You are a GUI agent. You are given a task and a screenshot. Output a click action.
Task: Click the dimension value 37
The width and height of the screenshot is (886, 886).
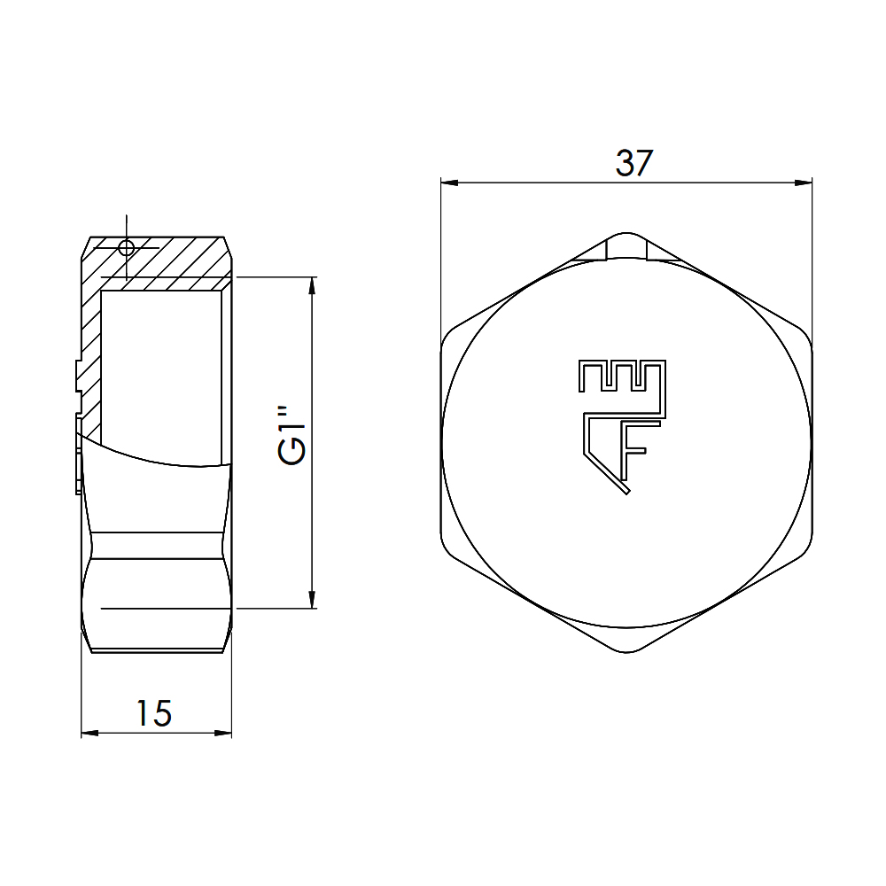[x=634, y=163]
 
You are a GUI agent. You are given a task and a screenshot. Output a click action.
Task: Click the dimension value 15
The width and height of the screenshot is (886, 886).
[x=153, y=713]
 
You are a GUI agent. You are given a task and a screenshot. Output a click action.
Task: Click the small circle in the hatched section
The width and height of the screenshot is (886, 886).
[x=126, y=247]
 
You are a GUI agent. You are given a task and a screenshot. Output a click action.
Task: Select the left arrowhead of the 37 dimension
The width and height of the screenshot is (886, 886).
[x=449, y=183]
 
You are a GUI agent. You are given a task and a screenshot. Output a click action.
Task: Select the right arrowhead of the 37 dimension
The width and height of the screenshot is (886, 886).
[x=804, y=183]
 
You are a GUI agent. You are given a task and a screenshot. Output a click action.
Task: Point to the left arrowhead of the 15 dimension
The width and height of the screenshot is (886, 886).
[x=89, y=733]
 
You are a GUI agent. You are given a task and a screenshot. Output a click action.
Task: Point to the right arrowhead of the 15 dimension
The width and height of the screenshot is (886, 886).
[x=223, y=733]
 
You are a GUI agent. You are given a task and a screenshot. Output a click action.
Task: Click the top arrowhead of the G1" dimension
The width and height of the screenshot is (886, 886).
[x=311, y=285]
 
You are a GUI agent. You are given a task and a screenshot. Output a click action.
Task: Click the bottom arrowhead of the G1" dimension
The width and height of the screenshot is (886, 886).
[x=311, y=600]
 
